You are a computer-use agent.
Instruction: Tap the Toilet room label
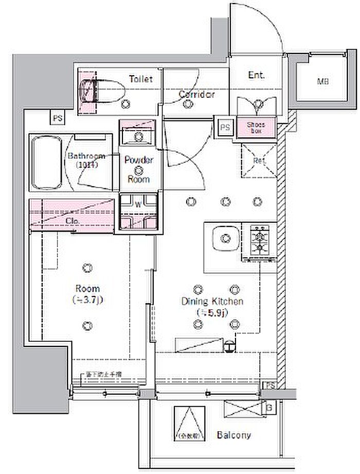point(140,79)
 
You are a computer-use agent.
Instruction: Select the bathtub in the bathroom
point(47,163)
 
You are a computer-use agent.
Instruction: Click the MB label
point(322,81)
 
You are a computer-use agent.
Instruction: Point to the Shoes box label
point(256,127)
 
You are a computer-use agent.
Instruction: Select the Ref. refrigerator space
point(259,160)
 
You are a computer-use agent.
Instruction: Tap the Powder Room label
point(139,169)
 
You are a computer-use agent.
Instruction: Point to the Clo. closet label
point(72,221)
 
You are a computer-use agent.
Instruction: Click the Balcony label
point(234,435)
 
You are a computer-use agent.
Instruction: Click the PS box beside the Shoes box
point(225,127)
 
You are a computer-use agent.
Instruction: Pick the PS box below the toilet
point(57,118)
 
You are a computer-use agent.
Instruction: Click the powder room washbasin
point(138,135)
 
